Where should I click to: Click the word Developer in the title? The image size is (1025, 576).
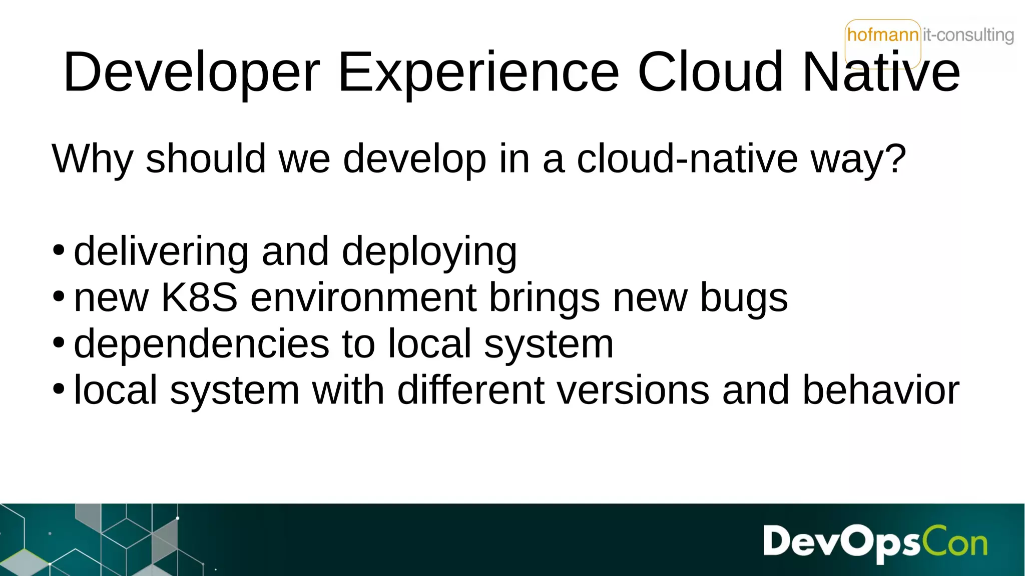point(191,73)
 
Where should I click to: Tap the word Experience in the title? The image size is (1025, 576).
point(479,73)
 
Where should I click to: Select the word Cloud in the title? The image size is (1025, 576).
point(710,73)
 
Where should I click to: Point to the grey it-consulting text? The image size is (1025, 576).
point(968,35)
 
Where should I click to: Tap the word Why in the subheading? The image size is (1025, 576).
point(92,159)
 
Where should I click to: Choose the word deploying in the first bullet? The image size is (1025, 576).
point(429,252)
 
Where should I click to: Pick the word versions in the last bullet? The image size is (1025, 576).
point(633,390)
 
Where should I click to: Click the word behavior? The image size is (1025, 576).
point(881,390)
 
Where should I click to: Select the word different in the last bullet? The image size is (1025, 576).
point(470,390)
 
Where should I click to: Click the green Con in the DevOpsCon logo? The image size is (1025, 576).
point(954,542)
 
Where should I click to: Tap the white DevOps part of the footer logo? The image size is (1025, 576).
point(841,542)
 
